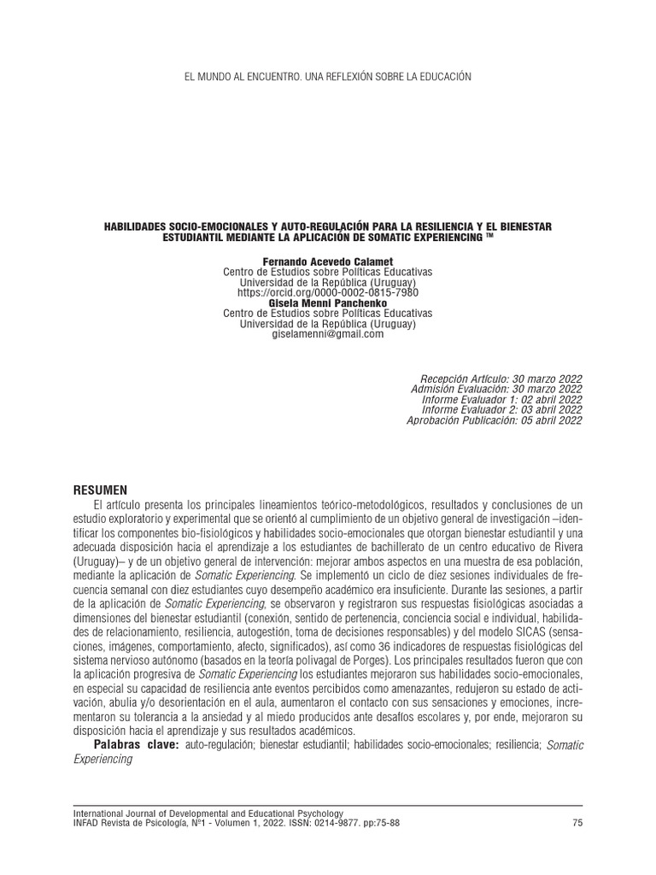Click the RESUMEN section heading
pyautogui.click(x=101, y=490)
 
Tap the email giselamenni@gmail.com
pyautogui.click(x=327, y=334)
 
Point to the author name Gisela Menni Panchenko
pyautogui.click(x=327, y=303)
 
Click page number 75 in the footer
pyautogui.click(x=577, y=823)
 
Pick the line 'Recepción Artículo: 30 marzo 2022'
pyautogui.click(x=502, y=379)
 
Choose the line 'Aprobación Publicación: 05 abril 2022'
pyautogui.click(x=495, y=420)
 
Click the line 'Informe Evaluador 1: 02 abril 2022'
pyautogui.click(x=502, y=399)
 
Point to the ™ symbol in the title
pyautogui.click(x=489, y=236)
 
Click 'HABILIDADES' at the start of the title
pyautogui.click(x=137, y=226)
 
